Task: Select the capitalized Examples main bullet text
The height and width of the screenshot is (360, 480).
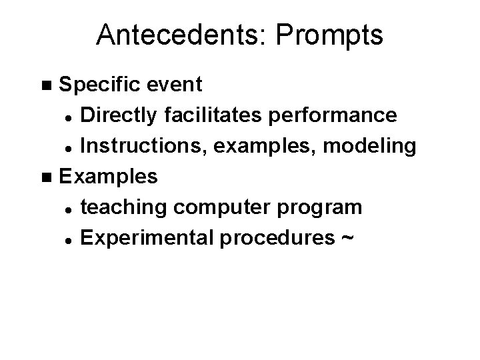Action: click(x=109, y=177)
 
